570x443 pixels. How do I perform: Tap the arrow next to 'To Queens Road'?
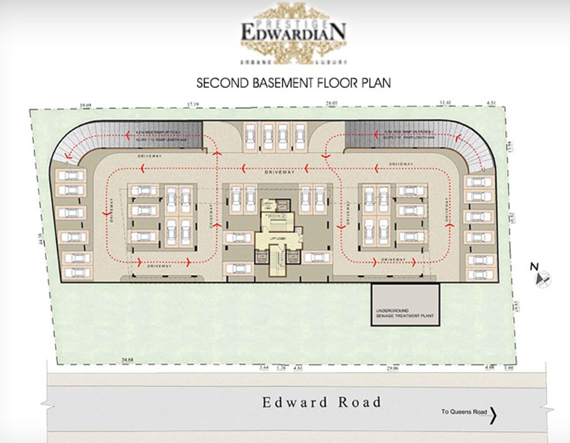(x=494, y=415)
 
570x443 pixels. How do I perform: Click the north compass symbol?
(x=542, y=277)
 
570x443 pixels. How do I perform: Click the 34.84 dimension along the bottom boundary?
(x=128, y=359)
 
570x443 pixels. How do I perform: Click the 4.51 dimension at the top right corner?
(x=492, y=103)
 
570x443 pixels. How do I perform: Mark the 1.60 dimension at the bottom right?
(x=510, y=367)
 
